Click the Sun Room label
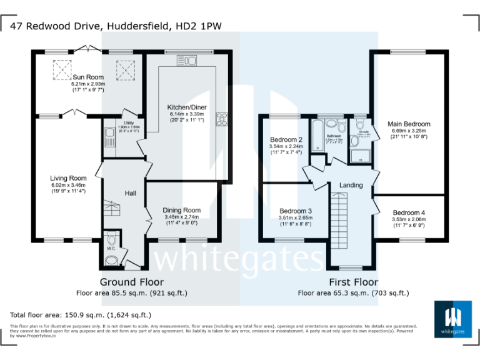click(87, 77)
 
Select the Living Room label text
click(68, 178)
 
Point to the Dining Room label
click(181, 210)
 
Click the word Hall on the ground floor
click(130, 194)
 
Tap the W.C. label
click(111, 249)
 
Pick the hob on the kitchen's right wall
click(221, 119)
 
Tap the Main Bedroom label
click(408, 124)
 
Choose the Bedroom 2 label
click(286, 139)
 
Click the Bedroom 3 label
click(295, 211)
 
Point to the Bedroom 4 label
click(408, 212)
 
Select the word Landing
click(351, 186)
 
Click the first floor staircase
click(341, 219)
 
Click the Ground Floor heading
click(131, 282)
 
